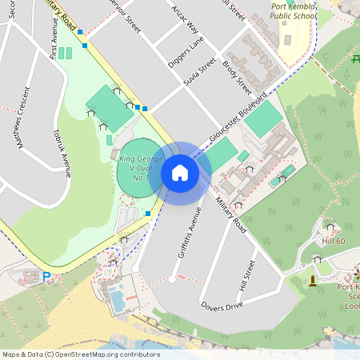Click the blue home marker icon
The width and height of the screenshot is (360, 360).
point(179,172)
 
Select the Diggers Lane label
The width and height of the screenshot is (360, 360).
point(186,50)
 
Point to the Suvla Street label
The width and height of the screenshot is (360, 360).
point(200,71)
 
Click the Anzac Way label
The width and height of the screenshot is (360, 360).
point(185,18)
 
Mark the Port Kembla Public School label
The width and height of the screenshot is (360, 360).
point(293,10)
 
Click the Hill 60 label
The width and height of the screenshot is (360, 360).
point(333,241)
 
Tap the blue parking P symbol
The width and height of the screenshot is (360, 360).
point(46,276)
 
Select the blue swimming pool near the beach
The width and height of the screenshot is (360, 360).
point(117,301)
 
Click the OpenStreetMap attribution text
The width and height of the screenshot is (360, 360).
point(80,354)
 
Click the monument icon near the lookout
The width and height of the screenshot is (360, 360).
point(312,279)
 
